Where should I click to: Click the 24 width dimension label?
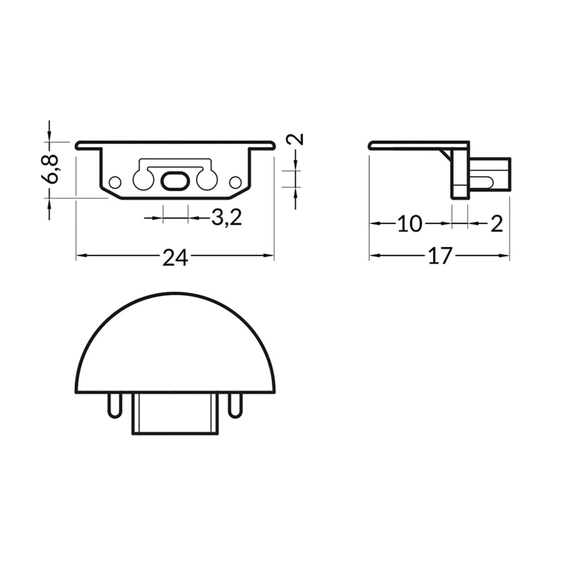(175, 257)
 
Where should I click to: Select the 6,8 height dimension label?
(51, 169)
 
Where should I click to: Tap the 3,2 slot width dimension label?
(226, 217)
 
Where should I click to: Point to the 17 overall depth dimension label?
(440, 256)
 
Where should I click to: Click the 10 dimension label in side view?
(410, 224)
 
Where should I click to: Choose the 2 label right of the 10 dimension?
(497, 224)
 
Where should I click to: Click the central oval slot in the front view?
(174, 181)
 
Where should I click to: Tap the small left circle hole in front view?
(115, 182)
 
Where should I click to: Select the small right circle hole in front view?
(235, 182)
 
